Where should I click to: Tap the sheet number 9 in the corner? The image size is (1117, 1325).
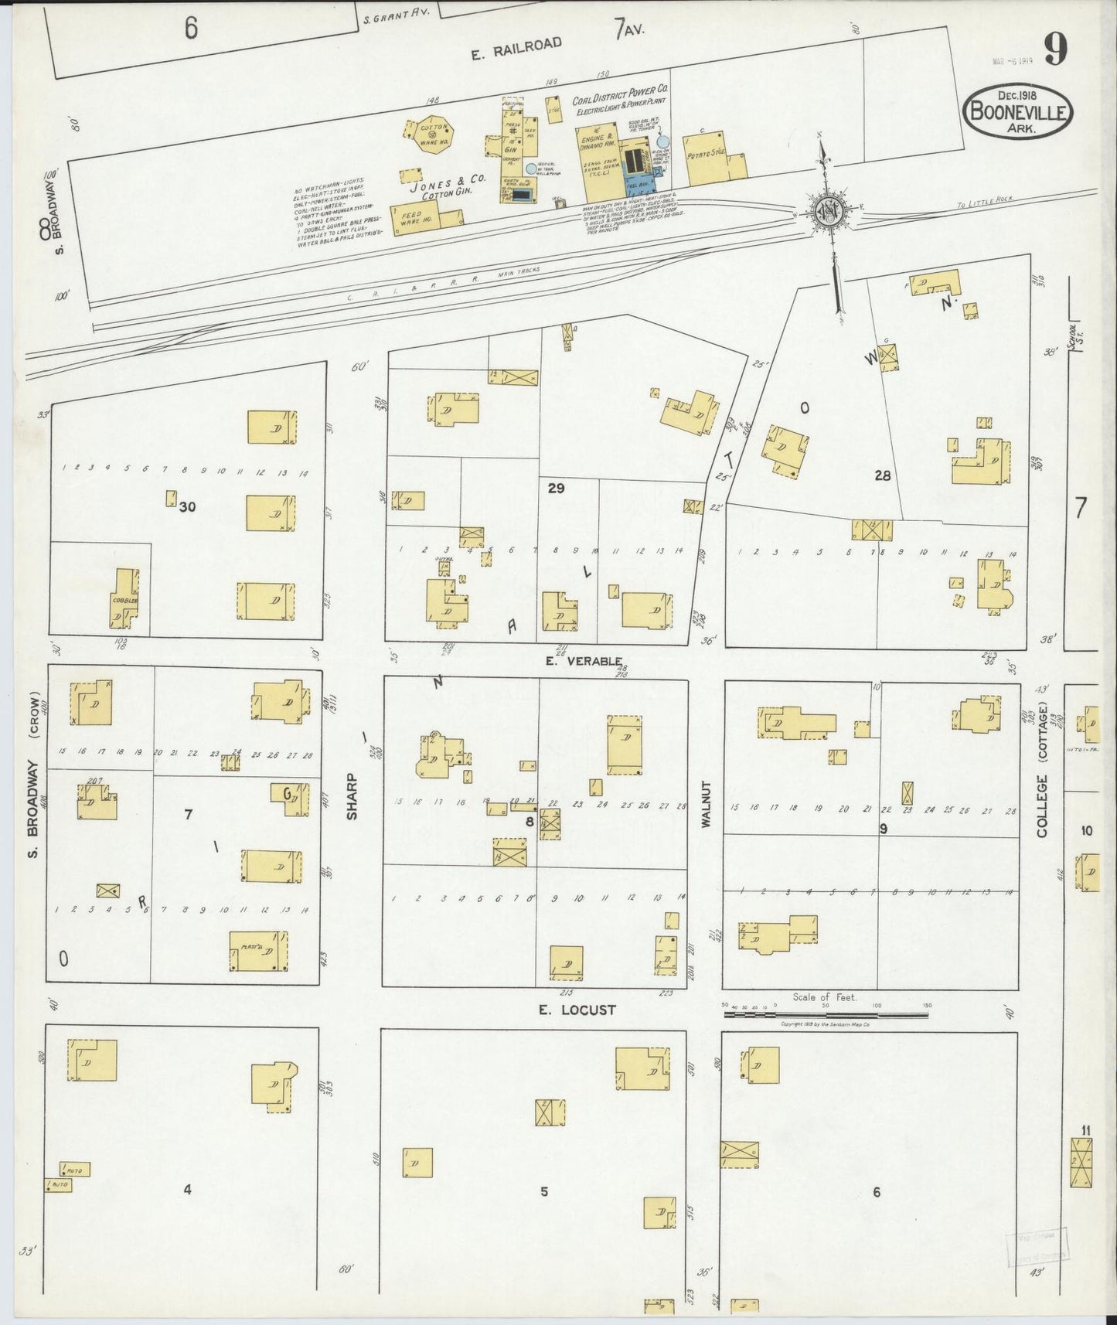pyautogui.click(x=1056, y=51)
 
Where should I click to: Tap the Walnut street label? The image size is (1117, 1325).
pyautogui.click(x=706, y=805)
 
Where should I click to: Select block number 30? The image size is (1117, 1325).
pyautogui.click(x=186, y=507)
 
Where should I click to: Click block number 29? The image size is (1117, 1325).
pyautogui.click(x=556, y=488)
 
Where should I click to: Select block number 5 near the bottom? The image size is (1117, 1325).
pyautogui.click(x=544, y=1191)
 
